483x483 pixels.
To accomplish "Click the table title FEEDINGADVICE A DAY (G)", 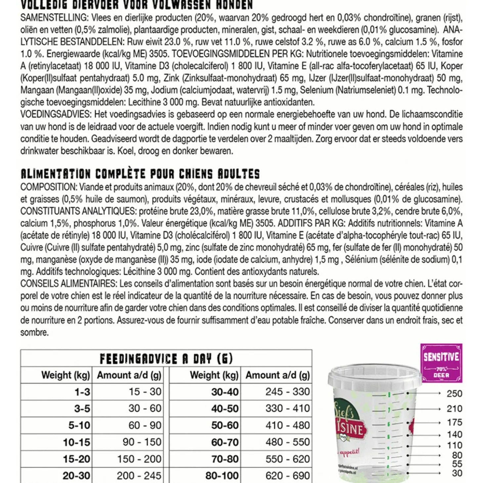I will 166,359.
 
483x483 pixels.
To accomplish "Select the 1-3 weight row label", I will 82,392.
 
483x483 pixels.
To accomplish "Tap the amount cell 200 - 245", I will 139,476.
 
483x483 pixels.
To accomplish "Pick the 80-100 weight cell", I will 222,476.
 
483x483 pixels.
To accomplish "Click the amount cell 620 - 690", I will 287,476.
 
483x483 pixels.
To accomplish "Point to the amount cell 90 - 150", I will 142,442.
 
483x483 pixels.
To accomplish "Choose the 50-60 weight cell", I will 225,425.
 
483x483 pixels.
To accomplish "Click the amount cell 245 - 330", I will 287,392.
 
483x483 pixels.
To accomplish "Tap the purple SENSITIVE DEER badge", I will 441,363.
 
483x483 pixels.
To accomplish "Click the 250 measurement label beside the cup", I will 454,394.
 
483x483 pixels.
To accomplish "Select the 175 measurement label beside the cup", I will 454,422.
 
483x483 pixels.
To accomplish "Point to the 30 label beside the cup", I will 457,473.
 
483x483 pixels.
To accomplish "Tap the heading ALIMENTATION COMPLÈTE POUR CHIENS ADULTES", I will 140,174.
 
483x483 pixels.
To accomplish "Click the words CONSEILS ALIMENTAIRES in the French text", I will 68,284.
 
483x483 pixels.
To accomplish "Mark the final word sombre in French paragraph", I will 34,332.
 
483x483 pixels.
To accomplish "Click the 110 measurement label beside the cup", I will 454,446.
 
